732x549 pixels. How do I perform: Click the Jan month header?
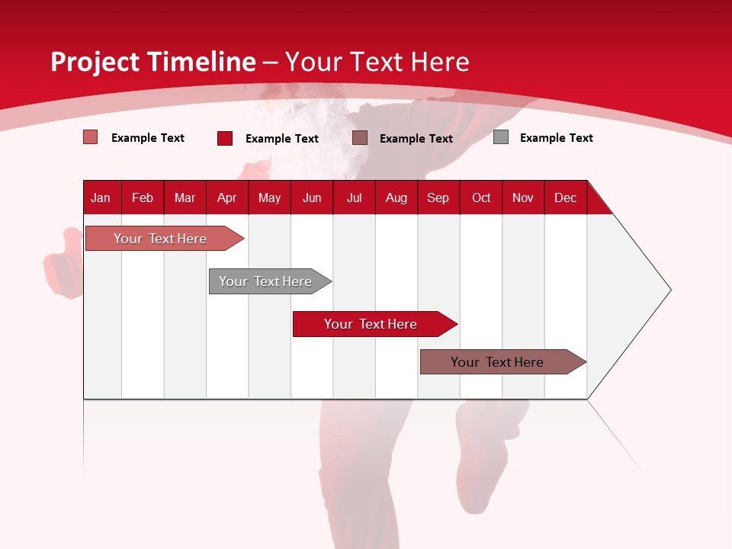click(x=101, y=197)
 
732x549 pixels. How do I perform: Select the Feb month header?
click(x=143, y=197)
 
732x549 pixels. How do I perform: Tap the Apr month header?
click(x=226, y=197)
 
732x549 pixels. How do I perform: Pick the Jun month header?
click(x=312, y=197)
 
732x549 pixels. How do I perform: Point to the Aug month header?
click(x=396, y=197)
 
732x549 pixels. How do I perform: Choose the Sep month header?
click(x=438, y=197)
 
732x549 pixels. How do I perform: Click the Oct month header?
click(x=481, y=197)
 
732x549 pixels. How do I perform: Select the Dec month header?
click(x=565, y=197)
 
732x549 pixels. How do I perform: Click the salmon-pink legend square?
click(x=91, y=137)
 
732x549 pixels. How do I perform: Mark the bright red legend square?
click(x=225, y=138)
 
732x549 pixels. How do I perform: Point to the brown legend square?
click(x=360, y=138)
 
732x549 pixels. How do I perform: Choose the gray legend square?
click(x=501, y=137)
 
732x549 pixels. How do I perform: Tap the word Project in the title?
click(x=95, y=62)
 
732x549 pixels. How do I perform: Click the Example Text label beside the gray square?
click(x=556, y=138)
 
